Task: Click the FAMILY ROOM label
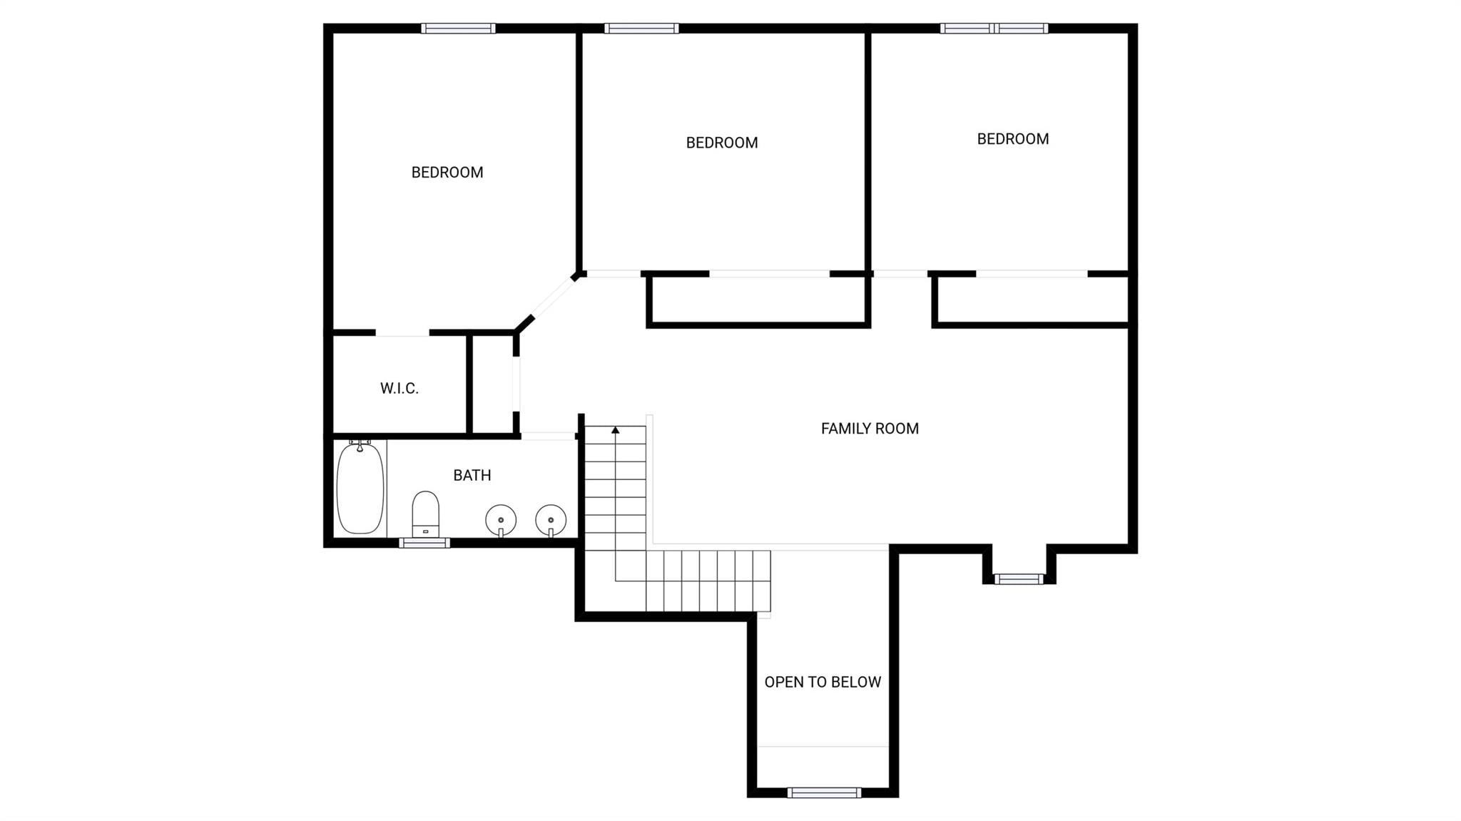coord(870,429)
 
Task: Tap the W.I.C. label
coord(399,389)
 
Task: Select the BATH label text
coord(472,475)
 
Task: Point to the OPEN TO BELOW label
coord(823,682)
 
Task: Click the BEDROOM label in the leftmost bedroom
coord(447,173)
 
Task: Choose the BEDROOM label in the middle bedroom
coord(722,143)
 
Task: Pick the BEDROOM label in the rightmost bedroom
coord(1013,139)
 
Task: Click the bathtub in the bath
coord(360,488)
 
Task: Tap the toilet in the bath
coord(426,514)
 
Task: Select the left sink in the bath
coord(501,520)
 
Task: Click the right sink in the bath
coord(551,520)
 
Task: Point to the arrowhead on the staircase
coord(615,429)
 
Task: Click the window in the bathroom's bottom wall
coord(424,543)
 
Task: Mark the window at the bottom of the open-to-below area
coord(824,792)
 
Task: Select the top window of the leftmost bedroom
coord(458,29)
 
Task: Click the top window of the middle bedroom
coord(641,29)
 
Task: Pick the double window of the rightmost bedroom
coord(994,29)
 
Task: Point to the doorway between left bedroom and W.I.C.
coord(402,332)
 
